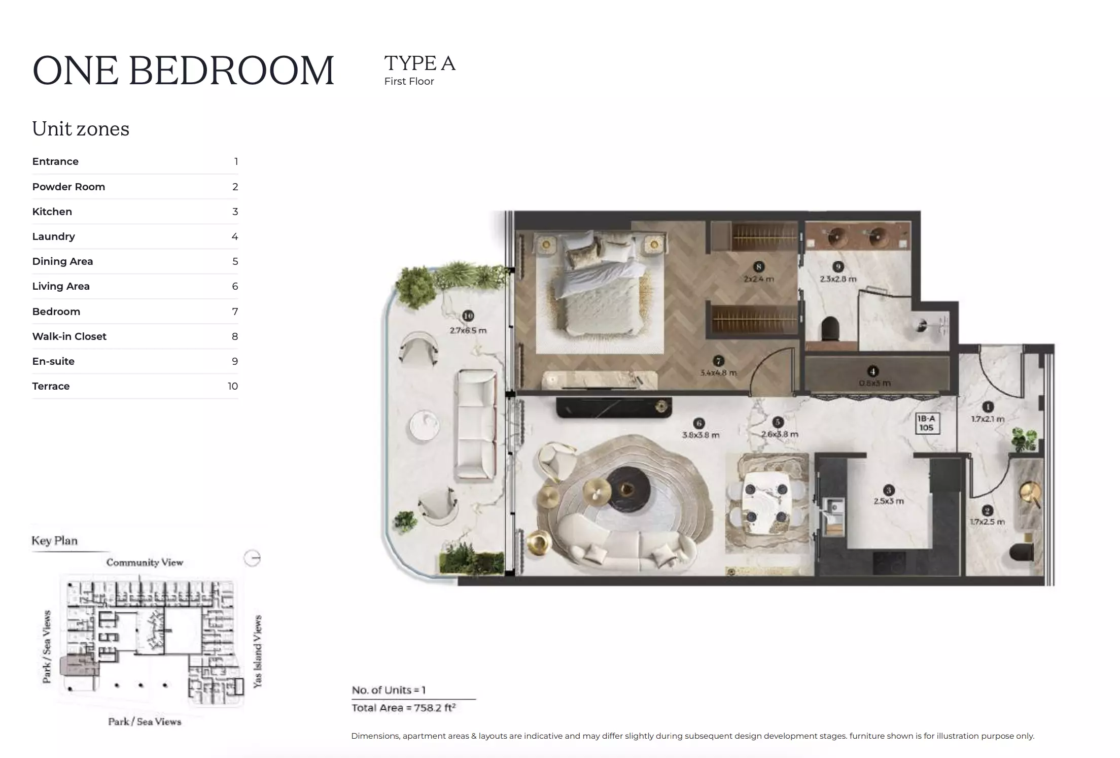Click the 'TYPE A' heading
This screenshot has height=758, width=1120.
[x=419, y=63]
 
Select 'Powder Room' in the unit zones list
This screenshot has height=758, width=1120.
[x=68, y=187]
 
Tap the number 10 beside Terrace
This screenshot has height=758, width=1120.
[x=232, y=386]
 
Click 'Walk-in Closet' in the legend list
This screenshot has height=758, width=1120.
[x=69, y=336]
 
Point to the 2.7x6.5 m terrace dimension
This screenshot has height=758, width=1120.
[x=468, y=330]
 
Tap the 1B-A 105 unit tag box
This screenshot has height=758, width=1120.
[x=926, y=423]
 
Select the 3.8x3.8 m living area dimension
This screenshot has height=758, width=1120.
[x=700, y=435]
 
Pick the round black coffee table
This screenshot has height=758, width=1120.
[x=627, y=488]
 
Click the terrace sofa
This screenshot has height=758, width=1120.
[x=476, y=424]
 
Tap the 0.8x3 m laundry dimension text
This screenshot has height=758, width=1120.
[x=874, y=383]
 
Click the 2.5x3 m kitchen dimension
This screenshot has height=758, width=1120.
[x=888, y=501]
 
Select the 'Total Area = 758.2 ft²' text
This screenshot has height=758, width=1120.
[x=403, y=708]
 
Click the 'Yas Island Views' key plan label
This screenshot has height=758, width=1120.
[x=258, y=651]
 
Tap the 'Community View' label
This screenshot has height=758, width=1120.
[x=145, y=562]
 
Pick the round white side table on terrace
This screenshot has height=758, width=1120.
[x=424, y=425]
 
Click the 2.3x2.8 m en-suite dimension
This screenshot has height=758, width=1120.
[x=838, y=279]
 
